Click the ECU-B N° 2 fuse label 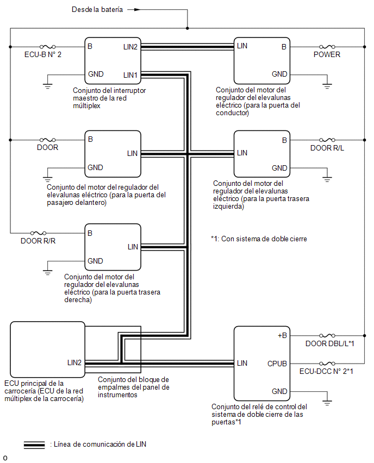click(43, 55)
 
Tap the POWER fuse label click(327, 55)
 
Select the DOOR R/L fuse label click(327, 148)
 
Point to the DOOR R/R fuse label click(38, 241)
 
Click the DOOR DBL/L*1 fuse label click(329, 343)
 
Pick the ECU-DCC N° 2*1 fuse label click(326, 371)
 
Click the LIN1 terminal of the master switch click(130, 76)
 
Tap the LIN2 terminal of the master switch click(130, 47)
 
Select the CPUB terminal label click(277, 364)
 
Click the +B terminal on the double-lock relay click(283, 335)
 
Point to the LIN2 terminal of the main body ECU click(74, 362)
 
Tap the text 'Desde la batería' click(97, 9)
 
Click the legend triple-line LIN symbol click(34, 445)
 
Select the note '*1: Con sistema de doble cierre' click(259, 239)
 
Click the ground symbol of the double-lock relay click(327, 403)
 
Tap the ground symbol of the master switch click(47, 86)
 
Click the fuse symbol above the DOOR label click(47, 140)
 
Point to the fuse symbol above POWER click(327, 47)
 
